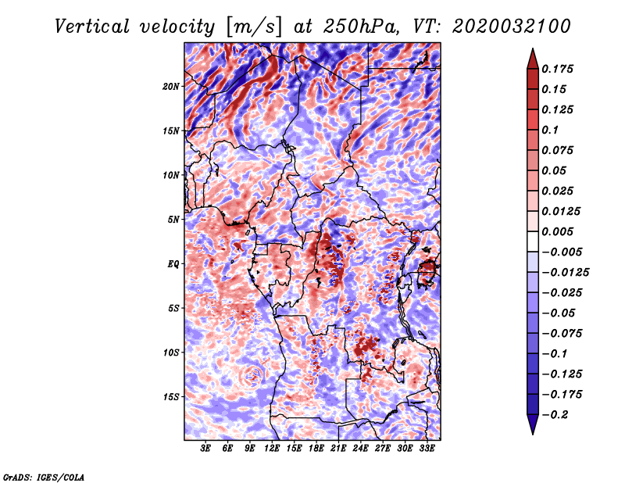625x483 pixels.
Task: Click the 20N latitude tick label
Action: point(170,86)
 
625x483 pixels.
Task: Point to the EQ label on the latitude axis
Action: point(173,263)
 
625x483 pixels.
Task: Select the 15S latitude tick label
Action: point(170,396)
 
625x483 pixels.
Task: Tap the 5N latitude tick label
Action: point(173,220)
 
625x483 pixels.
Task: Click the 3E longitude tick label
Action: point(205,449)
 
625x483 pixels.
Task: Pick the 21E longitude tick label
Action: point(338,449)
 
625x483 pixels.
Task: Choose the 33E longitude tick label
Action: point(427,449)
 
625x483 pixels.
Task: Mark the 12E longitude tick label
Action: point(272,449)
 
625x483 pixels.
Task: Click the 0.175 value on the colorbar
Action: point(557,69)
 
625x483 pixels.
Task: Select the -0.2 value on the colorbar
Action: point(555,415)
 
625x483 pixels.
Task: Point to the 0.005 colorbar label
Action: point(557,231)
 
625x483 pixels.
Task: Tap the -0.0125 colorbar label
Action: point(565,273)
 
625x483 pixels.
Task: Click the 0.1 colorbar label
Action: point(550,130)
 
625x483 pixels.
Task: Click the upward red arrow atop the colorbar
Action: point(533,59)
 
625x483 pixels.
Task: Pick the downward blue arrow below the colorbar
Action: point(533,424)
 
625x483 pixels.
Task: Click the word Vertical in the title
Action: point(91,27)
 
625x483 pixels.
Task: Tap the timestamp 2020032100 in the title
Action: point(512,27)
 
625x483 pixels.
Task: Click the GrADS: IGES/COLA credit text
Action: point(44,477)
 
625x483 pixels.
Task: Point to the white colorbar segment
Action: point(533,241)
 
